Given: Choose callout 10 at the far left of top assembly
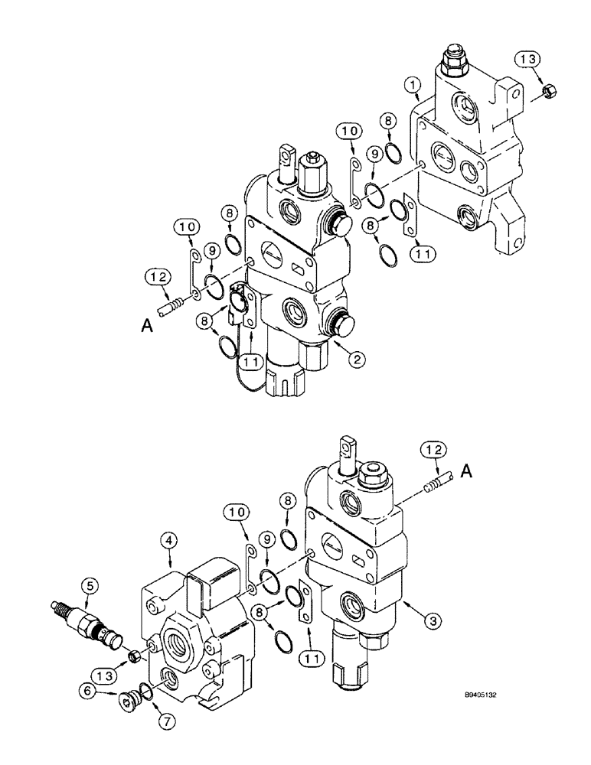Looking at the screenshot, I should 188,227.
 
